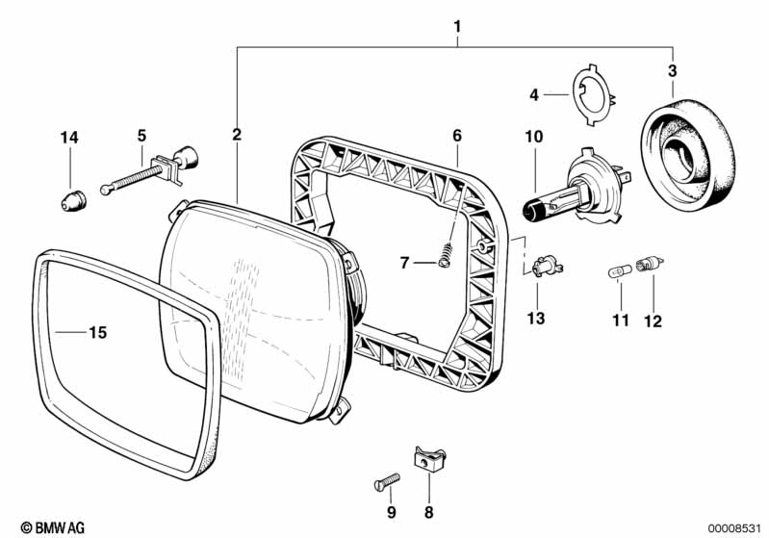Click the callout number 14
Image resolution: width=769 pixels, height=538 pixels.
[69, 138]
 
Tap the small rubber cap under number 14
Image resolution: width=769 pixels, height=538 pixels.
[73, 201]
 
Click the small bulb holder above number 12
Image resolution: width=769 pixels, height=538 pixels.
[649, 265]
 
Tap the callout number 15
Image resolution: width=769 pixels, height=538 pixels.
[98, 332]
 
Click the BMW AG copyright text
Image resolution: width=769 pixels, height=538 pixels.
[53, 527]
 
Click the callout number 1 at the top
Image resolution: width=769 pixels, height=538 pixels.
[457, 27]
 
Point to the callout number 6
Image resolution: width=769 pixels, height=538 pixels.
[457, 136]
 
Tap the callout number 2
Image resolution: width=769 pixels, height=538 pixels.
[237, 134]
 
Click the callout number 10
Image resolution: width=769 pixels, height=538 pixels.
[534, 137]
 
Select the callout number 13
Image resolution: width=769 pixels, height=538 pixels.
[536, 319]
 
